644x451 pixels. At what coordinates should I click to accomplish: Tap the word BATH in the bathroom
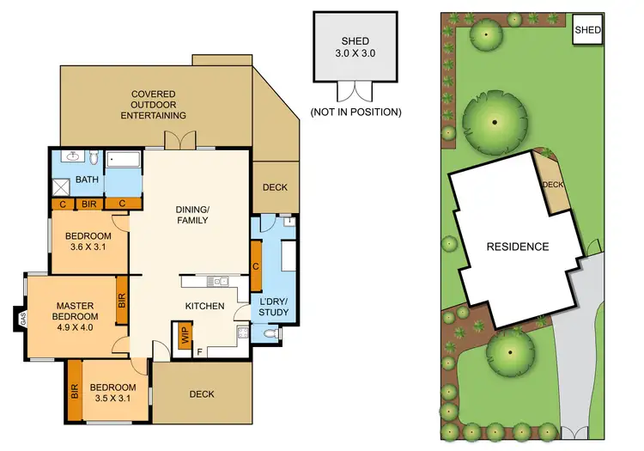click(x=87, y=180)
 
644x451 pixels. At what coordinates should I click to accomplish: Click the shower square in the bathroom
click(x=60, y=186)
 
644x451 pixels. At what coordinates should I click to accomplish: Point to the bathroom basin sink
click(x=73, y=157)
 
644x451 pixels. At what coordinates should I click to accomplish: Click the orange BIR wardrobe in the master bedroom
click(x=121, y=301)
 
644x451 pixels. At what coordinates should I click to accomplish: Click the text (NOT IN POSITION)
click(x=355, y=112)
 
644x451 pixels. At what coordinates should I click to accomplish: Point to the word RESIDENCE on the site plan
click(x=517, y=247)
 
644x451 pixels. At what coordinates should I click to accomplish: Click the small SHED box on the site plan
click(x=587, y=29)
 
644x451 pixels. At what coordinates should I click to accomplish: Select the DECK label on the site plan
click(x=551, y=183)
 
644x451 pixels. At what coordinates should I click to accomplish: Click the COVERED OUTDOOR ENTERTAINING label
click(x=154, y=104)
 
